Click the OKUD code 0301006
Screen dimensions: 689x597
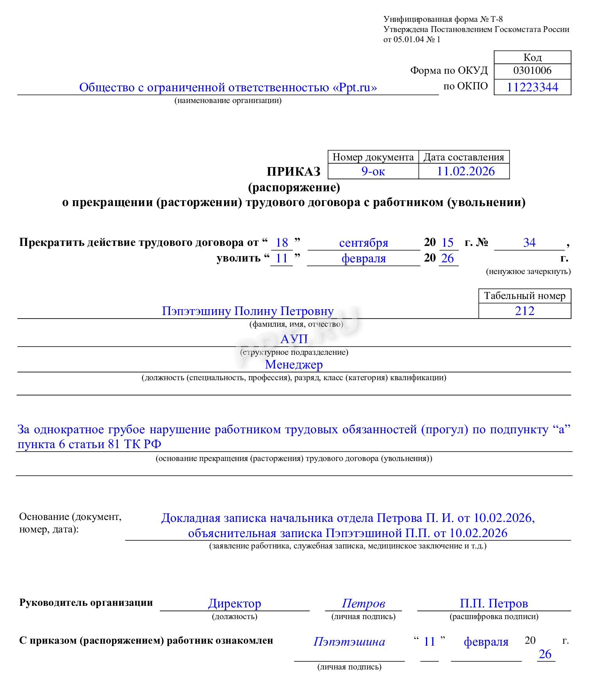pos(532,70)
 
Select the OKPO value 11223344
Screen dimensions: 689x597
pos(532,87)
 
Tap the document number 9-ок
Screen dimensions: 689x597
pos(373,171)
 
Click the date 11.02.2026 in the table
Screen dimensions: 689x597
pos(465,171)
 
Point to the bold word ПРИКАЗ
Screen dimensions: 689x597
pos(294,171)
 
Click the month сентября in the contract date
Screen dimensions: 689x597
pos(364,243)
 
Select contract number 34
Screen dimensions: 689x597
pos(529,242)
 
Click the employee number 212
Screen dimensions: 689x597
pos(524,311)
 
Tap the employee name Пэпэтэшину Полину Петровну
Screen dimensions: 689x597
pos(248,311)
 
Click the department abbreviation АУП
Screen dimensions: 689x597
pos(294,338)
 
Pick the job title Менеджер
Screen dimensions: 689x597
pos(294,364)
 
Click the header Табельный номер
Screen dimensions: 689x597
pos(524,296)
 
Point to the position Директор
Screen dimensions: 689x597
pos(234,603)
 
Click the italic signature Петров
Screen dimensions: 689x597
pos(363,603)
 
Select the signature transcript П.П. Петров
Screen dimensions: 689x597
pos(494,603)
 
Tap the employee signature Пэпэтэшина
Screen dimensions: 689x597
pos(349,641)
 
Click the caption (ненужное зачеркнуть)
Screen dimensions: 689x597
pos(528,271)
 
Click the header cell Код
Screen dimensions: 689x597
pos(532,57)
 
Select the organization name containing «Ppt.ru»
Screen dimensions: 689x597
pos(228,87)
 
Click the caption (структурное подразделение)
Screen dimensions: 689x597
pos(294,352)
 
